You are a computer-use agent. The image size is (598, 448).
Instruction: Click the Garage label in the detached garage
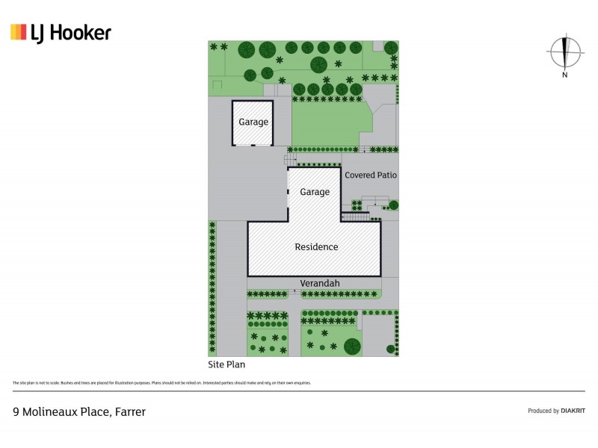pyautogui.click(x=253, y=122)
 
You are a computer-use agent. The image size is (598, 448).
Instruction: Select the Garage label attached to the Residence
pyautogui.click(x=315, y=192)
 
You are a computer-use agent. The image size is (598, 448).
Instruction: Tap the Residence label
pyautogui.click(x=316, y=247)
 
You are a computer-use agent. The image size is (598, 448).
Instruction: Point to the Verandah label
pyautogui.click(x=320, y=283)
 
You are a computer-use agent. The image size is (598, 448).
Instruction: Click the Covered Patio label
pyautogui.click(x=370, y=175)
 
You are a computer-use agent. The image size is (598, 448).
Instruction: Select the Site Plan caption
pyautogui.click(x=226, y=365)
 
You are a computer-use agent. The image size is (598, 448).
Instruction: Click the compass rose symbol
pyautogui.click(x=565, y=52)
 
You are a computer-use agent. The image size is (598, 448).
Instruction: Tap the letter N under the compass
pyautogui.click(x=565, y=75)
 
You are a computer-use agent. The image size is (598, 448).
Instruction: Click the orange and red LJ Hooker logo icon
pyautogui.click(x=19, y=32)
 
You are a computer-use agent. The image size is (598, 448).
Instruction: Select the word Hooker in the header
pyautogui.click(x=80, y=32)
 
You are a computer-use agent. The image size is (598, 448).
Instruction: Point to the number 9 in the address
pyautogui.click(x=16, y=411)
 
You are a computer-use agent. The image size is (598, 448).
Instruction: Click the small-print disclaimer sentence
pyautogui.click(x=161, y=383)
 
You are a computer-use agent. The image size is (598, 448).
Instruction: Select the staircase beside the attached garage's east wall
pyautogui.click(x=355, y=217)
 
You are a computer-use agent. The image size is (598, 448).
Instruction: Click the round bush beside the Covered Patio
pyautogui.click(x=393, y=205)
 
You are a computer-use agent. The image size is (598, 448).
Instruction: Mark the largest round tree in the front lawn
pyautogui.click(x=352, y=346)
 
